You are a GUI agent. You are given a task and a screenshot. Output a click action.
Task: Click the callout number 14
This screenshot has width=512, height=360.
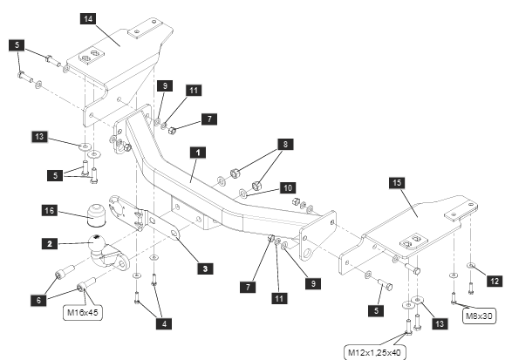tap(88, 18)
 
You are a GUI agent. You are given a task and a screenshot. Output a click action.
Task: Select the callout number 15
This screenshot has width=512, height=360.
tap(397, 182)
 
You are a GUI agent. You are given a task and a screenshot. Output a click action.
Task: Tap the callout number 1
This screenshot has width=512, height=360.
tap(197, 153)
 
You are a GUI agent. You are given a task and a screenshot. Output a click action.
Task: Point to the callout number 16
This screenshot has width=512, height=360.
tap(50, 211)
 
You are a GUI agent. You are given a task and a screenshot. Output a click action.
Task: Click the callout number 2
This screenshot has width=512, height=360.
tap(50, 244)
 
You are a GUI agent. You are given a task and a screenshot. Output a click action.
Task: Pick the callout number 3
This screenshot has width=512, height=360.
tap(205, 268)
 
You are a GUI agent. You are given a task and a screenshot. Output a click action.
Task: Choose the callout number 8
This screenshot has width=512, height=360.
tap(286, 144)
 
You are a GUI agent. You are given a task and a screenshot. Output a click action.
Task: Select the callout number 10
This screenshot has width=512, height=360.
tap(288, 188)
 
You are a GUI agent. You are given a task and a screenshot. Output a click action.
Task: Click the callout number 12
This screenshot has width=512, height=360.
tap(495, 281)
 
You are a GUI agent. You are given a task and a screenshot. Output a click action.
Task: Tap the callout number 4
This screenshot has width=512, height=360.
tap(164, 323)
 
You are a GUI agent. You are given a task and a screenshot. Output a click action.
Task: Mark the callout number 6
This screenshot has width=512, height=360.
tap(39, 300)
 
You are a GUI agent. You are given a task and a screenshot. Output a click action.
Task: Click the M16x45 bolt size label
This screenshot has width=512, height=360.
tap(83, 312)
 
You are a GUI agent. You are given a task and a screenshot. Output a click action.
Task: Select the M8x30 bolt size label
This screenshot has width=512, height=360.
tap(480, 316)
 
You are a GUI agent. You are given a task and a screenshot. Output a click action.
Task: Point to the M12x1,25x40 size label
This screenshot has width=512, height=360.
tap(374, 352)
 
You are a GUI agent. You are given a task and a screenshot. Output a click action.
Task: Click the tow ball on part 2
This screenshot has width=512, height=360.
tap(96, 241)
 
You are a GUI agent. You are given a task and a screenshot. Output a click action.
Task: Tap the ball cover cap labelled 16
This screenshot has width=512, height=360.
tap(96, 214)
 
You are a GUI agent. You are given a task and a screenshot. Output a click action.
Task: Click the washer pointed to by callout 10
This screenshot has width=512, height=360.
tap(243, 194)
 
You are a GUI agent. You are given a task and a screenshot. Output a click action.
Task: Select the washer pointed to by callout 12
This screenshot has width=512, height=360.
tap(470, 265)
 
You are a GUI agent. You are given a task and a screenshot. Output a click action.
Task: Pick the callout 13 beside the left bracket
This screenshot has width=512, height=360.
tap(39, 137)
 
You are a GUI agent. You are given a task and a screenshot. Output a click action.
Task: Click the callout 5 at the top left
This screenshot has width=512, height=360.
tap(17, 45)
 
